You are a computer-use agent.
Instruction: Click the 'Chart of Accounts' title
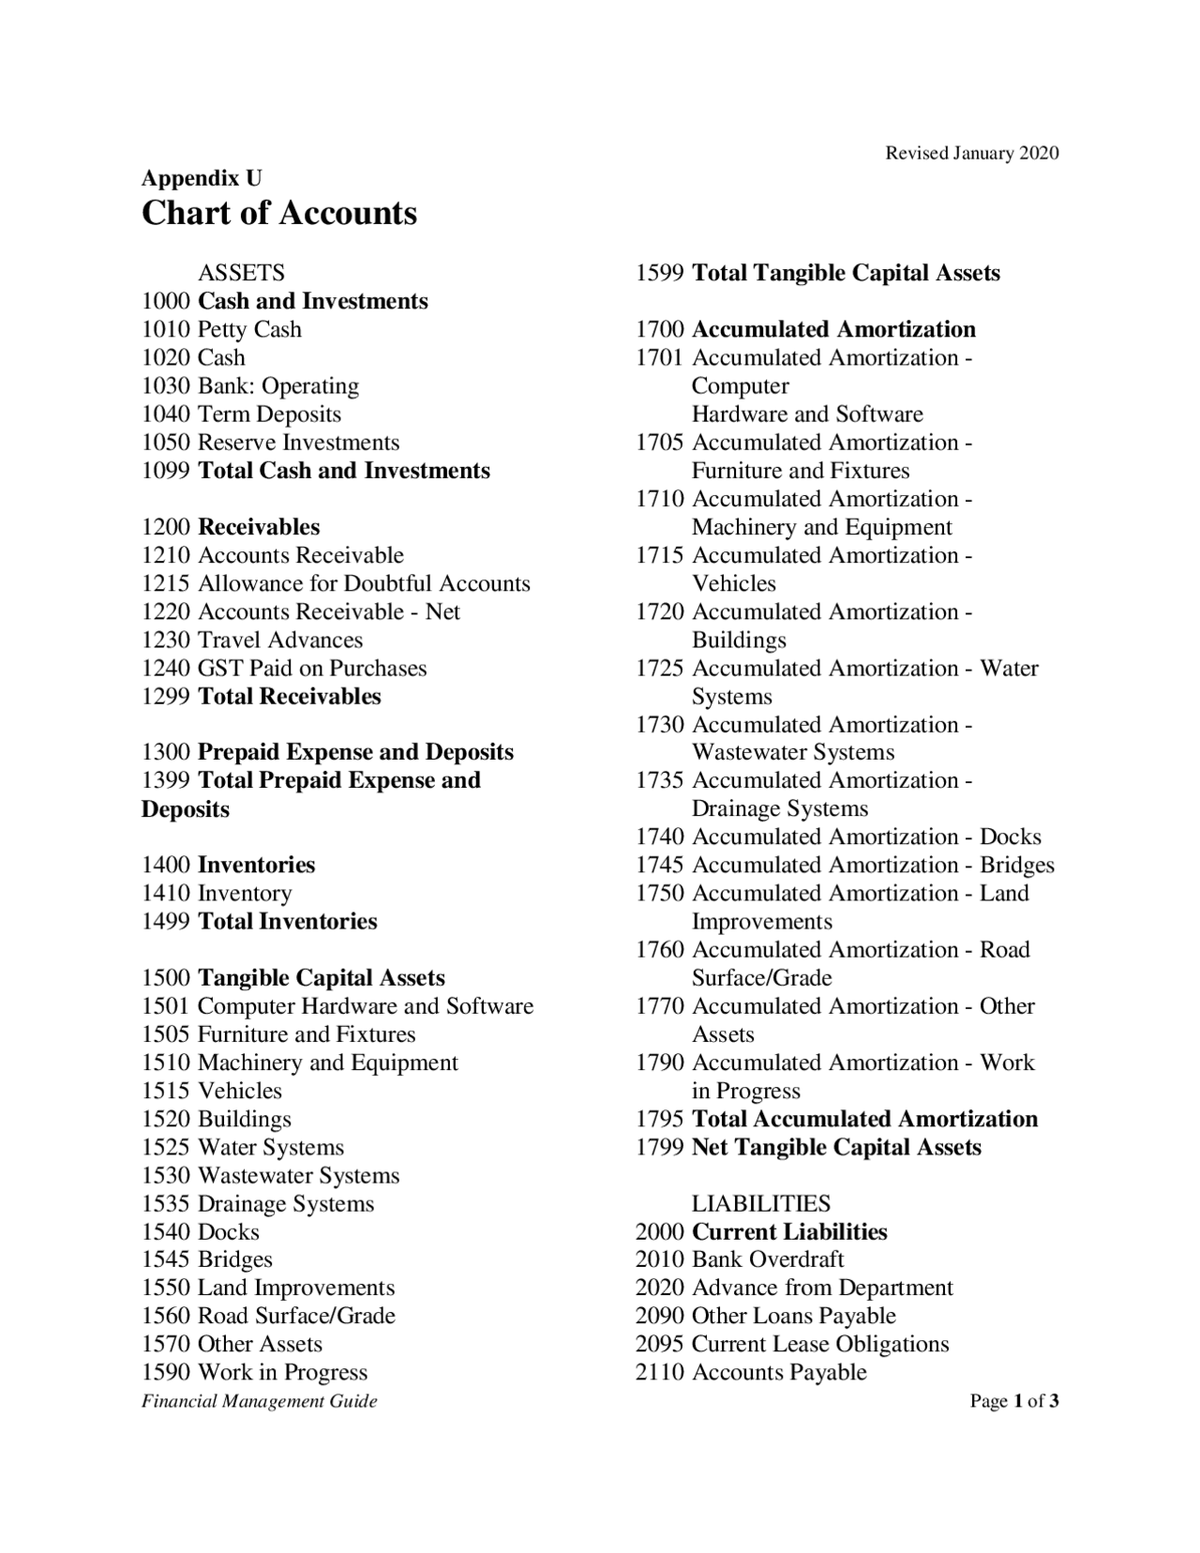278,213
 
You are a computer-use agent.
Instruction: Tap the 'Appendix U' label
202,178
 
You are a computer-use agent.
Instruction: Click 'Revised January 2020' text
972,153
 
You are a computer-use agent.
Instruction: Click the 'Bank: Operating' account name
277,385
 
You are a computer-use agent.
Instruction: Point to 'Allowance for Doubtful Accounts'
364,583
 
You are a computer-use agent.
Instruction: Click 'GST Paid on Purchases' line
311,668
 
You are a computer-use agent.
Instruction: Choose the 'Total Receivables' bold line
289,696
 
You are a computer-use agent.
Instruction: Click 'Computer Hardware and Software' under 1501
365,1006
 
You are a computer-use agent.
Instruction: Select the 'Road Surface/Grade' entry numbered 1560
296,1316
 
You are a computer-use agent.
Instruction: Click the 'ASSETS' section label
241,273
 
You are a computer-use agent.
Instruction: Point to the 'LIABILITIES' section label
760,1203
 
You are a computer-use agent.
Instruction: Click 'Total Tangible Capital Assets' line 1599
846,273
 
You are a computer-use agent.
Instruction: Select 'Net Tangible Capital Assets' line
836,1147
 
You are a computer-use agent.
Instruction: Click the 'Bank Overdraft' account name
768,1259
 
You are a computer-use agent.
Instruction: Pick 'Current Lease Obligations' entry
819,1344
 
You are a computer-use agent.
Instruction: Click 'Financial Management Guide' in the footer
260,1401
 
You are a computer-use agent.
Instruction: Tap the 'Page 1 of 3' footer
1014,1401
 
